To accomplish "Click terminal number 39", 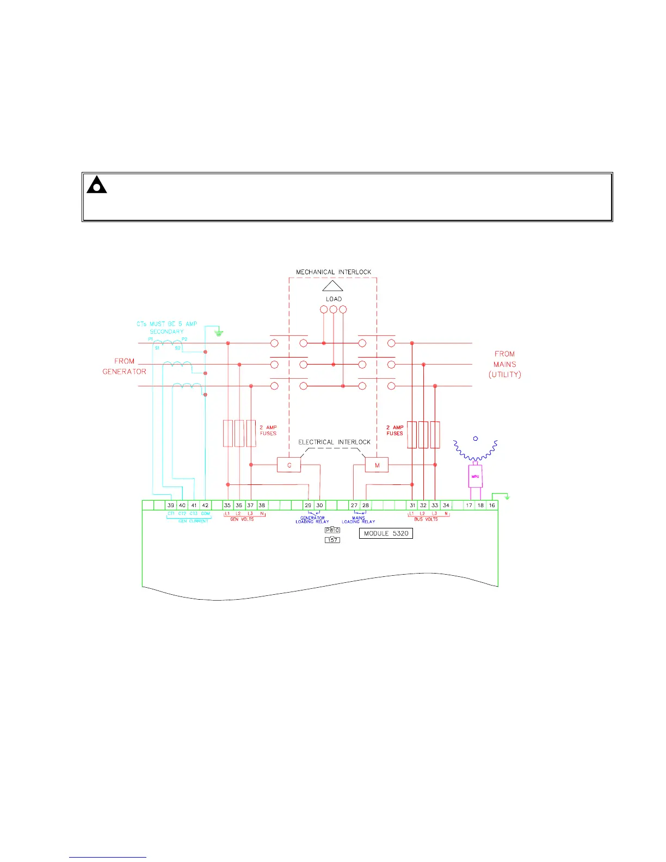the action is coord(171,505).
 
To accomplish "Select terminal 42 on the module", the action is coord(205,505).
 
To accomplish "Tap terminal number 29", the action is coord(308,505).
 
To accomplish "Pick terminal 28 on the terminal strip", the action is coord(366,505).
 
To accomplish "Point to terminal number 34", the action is coord(446,505).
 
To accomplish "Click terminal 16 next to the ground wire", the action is coord(492,505).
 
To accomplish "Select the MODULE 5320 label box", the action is coord(386,533).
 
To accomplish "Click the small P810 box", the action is coord(332,530).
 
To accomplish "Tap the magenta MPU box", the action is coord(475,476).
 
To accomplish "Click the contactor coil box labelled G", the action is coord(289,465).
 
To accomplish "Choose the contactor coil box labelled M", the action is coord(377,465).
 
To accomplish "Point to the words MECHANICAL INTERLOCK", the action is coord(334,272).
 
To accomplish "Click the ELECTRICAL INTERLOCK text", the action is coord(334,442).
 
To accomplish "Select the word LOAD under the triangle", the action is coord(334,299).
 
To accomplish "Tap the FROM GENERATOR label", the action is coord(125,366).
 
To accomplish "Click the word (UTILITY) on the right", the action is coord(504,374).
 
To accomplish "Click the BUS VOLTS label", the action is coord(426,519).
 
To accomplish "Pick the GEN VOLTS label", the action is coord(242,519).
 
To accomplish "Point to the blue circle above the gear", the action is coord(475,439).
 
